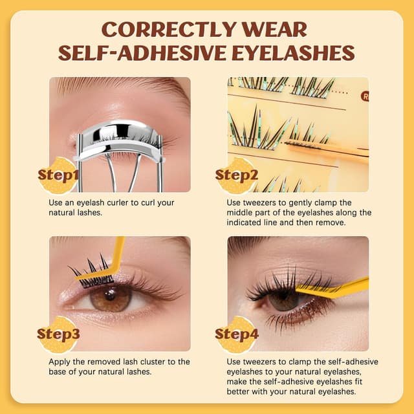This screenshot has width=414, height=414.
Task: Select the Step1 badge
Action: click(58, 175)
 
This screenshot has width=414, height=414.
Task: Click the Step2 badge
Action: click(236, 175)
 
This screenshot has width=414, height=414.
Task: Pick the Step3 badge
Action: click(58, 334)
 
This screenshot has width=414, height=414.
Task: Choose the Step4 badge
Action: click(236, 334)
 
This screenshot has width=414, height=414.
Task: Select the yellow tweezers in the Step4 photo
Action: click(336, 289)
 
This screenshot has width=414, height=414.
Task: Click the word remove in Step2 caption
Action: click(349, 222)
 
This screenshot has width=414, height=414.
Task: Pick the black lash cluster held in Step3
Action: click(91, 272)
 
